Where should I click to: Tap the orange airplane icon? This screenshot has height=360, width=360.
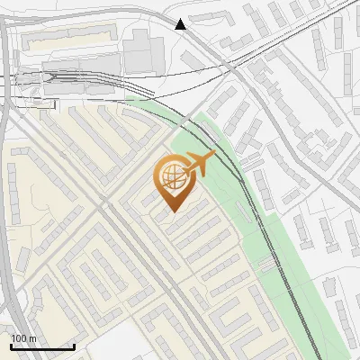point(199,164)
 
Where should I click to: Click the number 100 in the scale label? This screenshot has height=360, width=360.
point(19,338)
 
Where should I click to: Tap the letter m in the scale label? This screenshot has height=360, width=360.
point(32,338)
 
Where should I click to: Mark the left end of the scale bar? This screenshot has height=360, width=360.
point(11,346)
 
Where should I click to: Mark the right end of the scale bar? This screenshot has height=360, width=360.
point(74,346)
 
